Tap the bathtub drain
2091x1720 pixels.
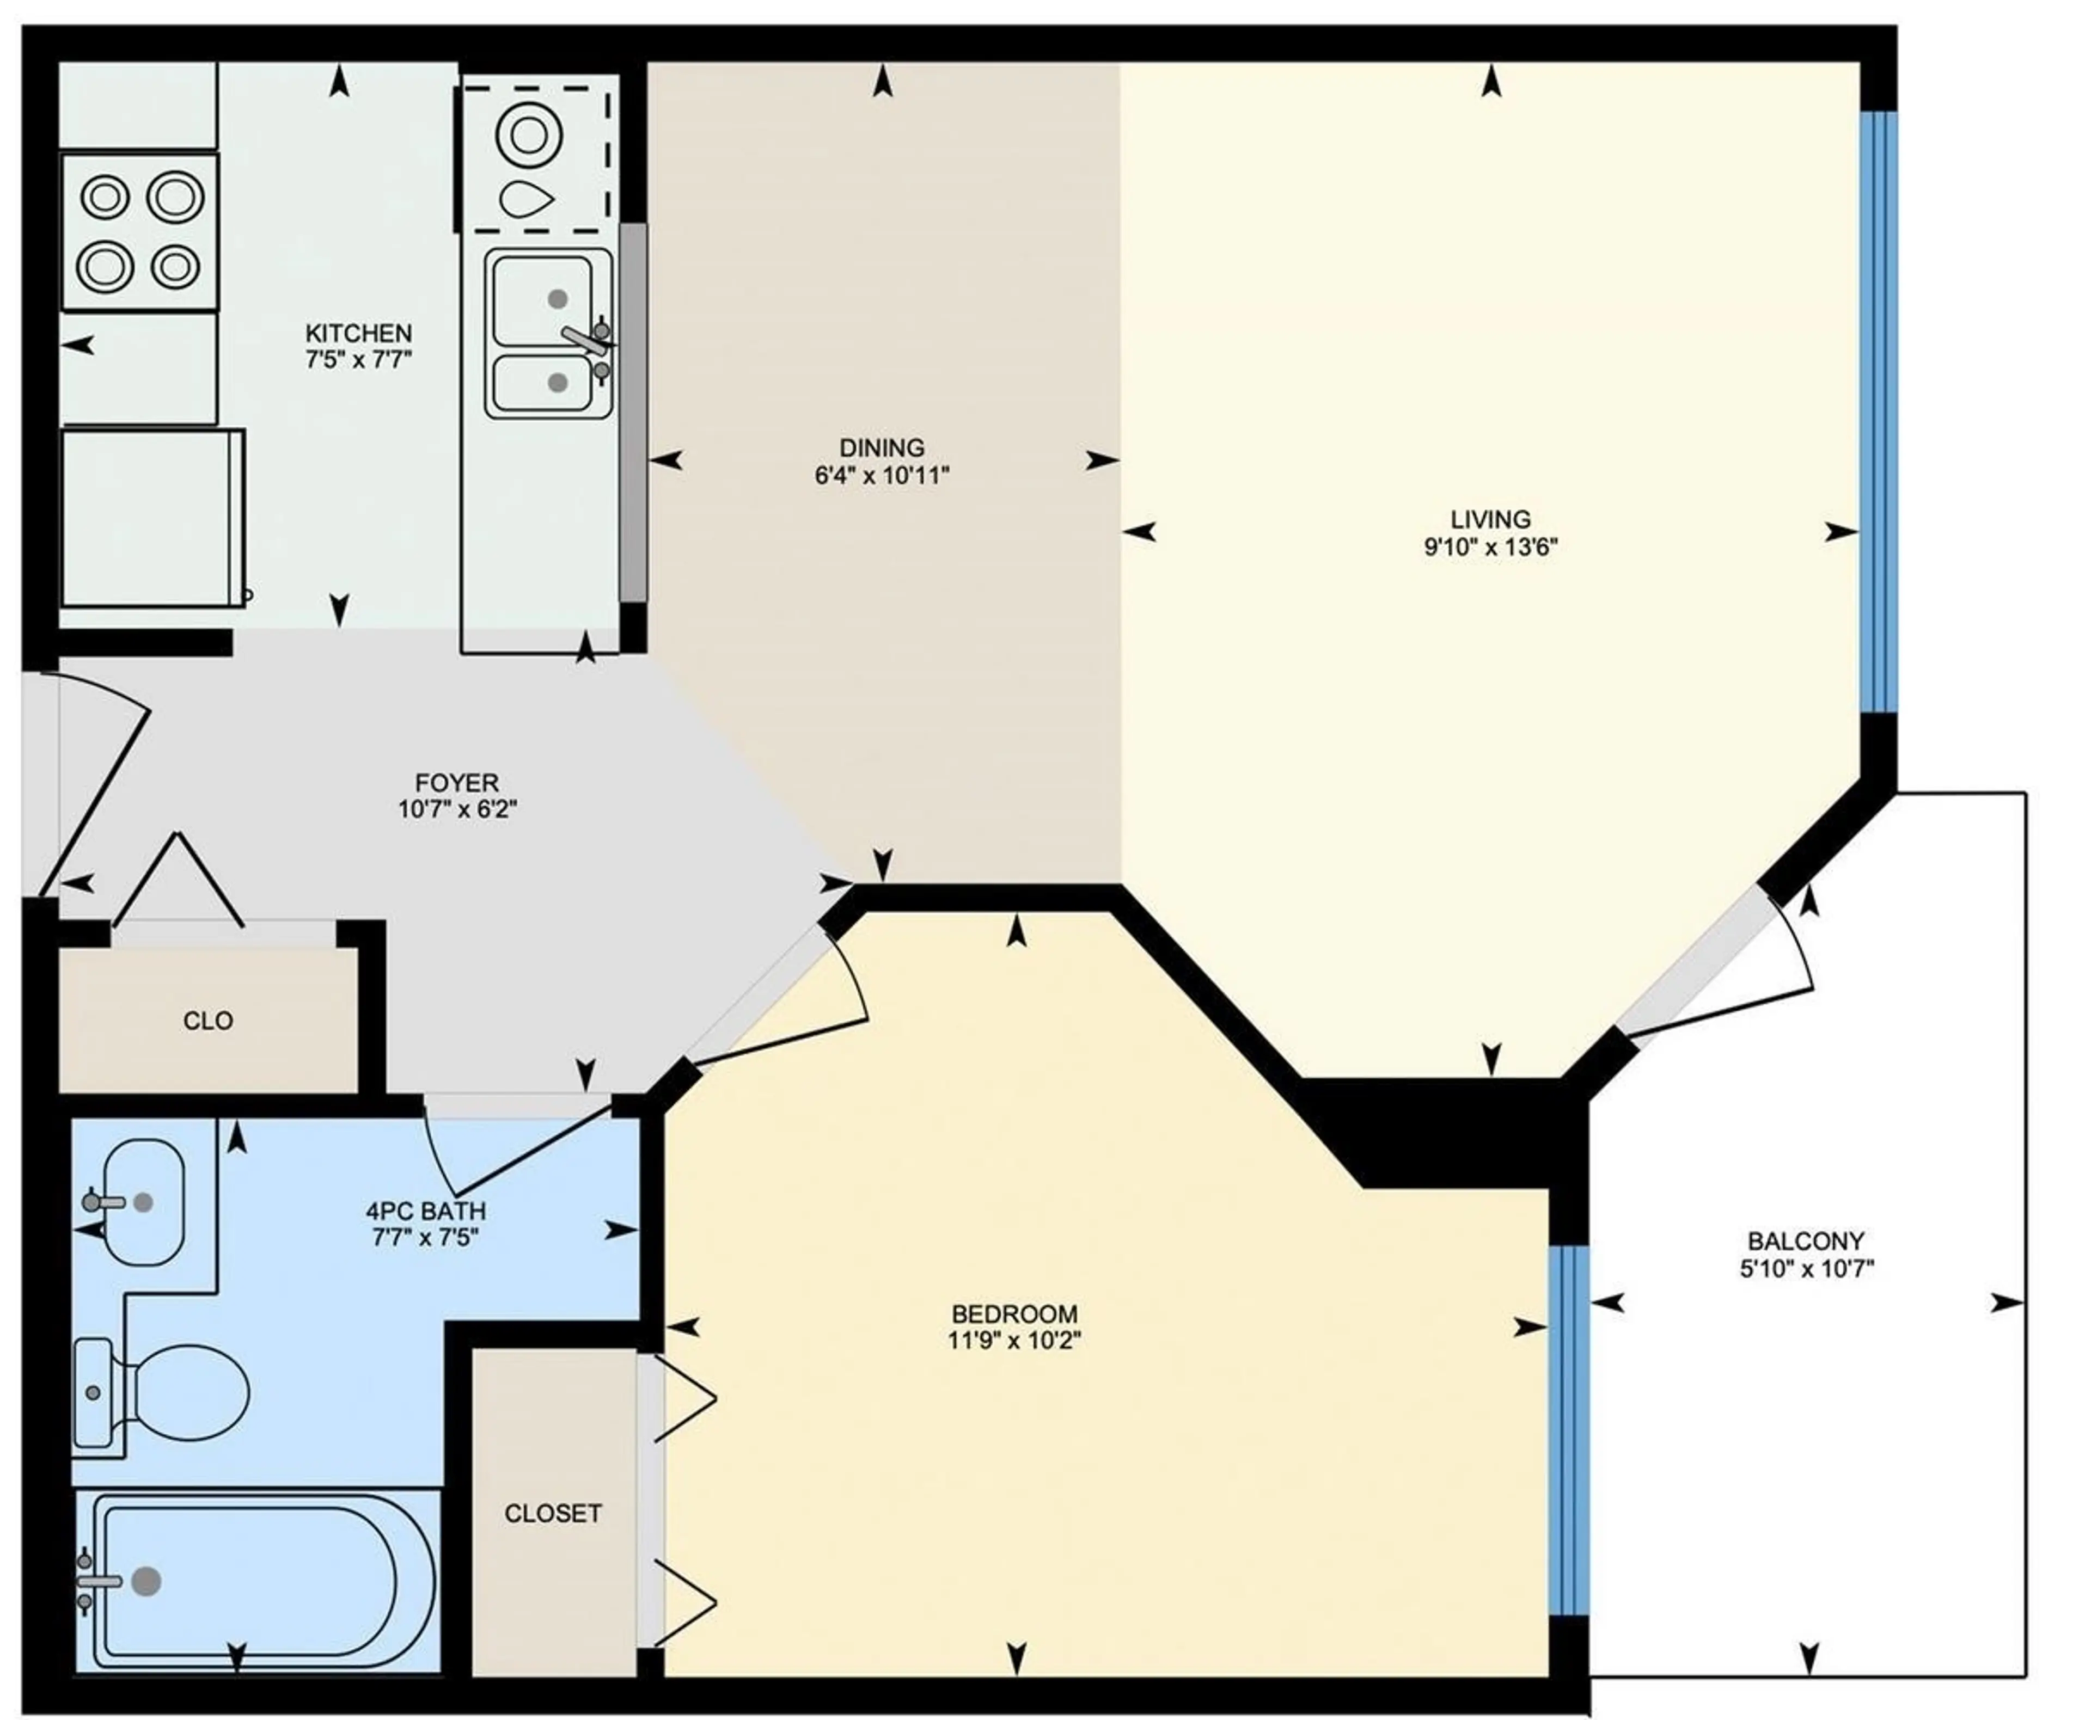pyautogui.click(x=146, y=1580)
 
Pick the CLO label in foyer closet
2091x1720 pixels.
pyautogui.click(x=208, y=1021)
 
